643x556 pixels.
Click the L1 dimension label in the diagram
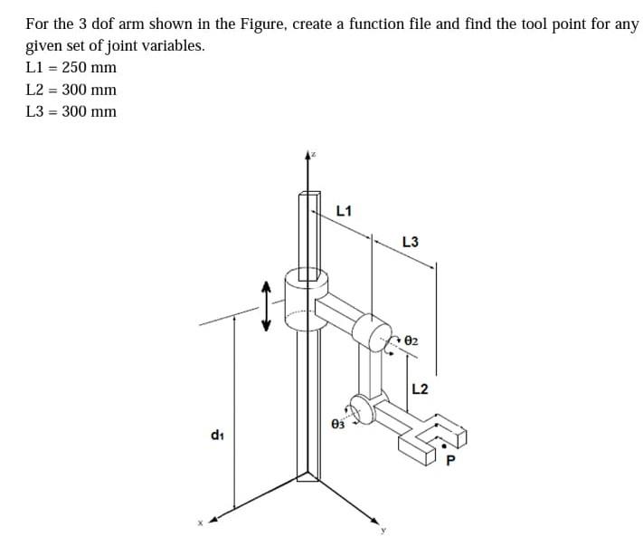pyautogui.click(x=344, y=211)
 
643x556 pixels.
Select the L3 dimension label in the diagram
pyautogui.click(x=410, y=242)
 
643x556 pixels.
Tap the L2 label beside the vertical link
pyautogui.click(x=421, y=389)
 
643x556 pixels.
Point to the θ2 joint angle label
pyautogui.click(x=411, y=341)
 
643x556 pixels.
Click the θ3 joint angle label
pyautogui.click(x=338, y=422)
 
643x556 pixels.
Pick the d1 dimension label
pyautogui.click(x=217, y=436)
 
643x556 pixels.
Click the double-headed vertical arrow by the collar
pyautogui.click(x=266, y=305)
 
